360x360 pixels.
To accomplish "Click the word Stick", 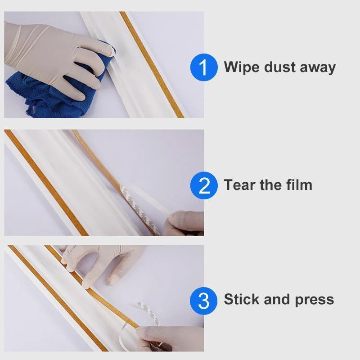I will pos(241,299).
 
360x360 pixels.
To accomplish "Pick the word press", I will pos(314,300).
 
